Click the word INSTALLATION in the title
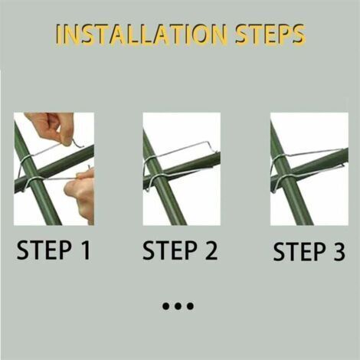pyautogui.click(x=141, y=34)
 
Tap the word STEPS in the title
pyautogui.click(x=270, y=34)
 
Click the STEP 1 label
pyautogui.click(x=54, y=250)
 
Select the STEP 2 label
pyautogui.click(x=180, y=250)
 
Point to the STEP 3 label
pyautogui.click(x=309, y=251)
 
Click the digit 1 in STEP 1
pyautogui.click(x=86, y=250)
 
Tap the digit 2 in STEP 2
pyautogui.click(x=211, y=250)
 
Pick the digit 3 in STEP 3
pyautogui.click(x=339, y=251)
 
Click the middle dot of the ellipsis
pyautogui.click(x=178, y=306)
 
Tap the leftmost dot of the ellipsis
pyautogui.click(x=166, y=306)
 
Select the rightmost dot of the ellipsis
pyautogui.click(x=190, y=306)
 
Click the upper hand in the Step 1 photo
pyautogui.click(x=51, y=128)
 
